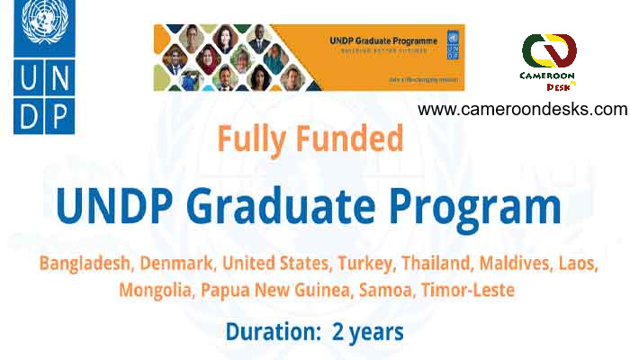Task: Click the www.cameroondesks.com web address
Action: point(522,109)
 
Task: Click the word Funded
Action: point(352,139)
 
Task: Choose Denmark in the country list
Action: point(178,265)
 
